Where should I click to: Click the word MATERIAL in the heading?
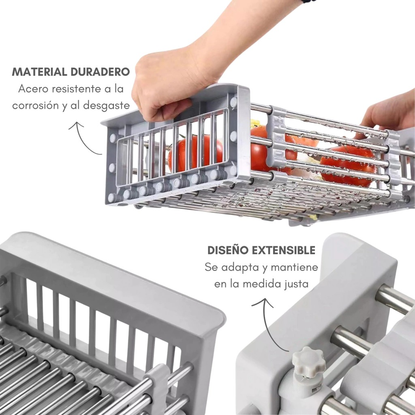[39, 72]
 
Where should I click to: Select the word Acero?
[33, 89]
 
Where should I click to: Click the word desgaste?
[106, 106]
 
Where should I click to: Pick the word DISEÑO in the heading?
[228, 250]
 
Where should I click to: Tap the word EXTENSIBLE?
[283, 250]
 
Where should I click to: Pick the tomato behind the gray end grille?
[195, 153]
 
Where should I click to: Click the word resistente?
[77, 89]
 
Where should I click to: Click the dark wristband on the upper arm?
[308, 1]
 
